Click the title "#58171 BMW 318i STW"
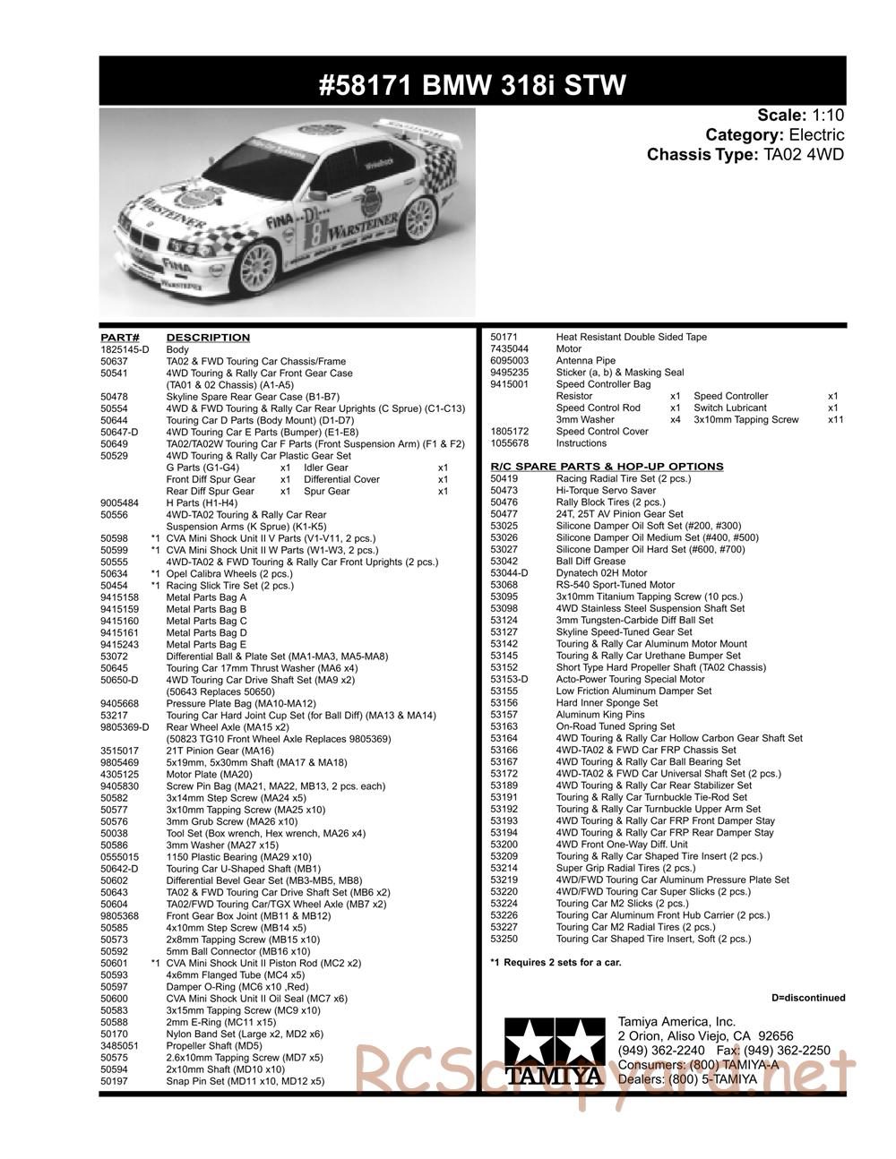coord(472,85)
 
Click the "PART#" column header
coord(116,338)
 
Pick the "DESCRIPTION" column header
coord(208,338)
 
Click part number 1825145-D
coord(125,349)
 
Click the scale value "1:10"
coord(828,116)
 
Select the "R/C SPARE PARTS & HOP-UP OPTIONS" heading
coord(607,467)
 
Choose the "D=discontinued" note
coord(807,998)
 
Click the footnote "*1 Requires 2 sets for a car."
coord(556,963)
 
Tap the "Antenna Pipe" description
coord(586,361)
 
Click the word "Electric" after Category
coord(816,135)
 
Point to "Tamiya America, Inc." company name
coord(676,1022)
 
